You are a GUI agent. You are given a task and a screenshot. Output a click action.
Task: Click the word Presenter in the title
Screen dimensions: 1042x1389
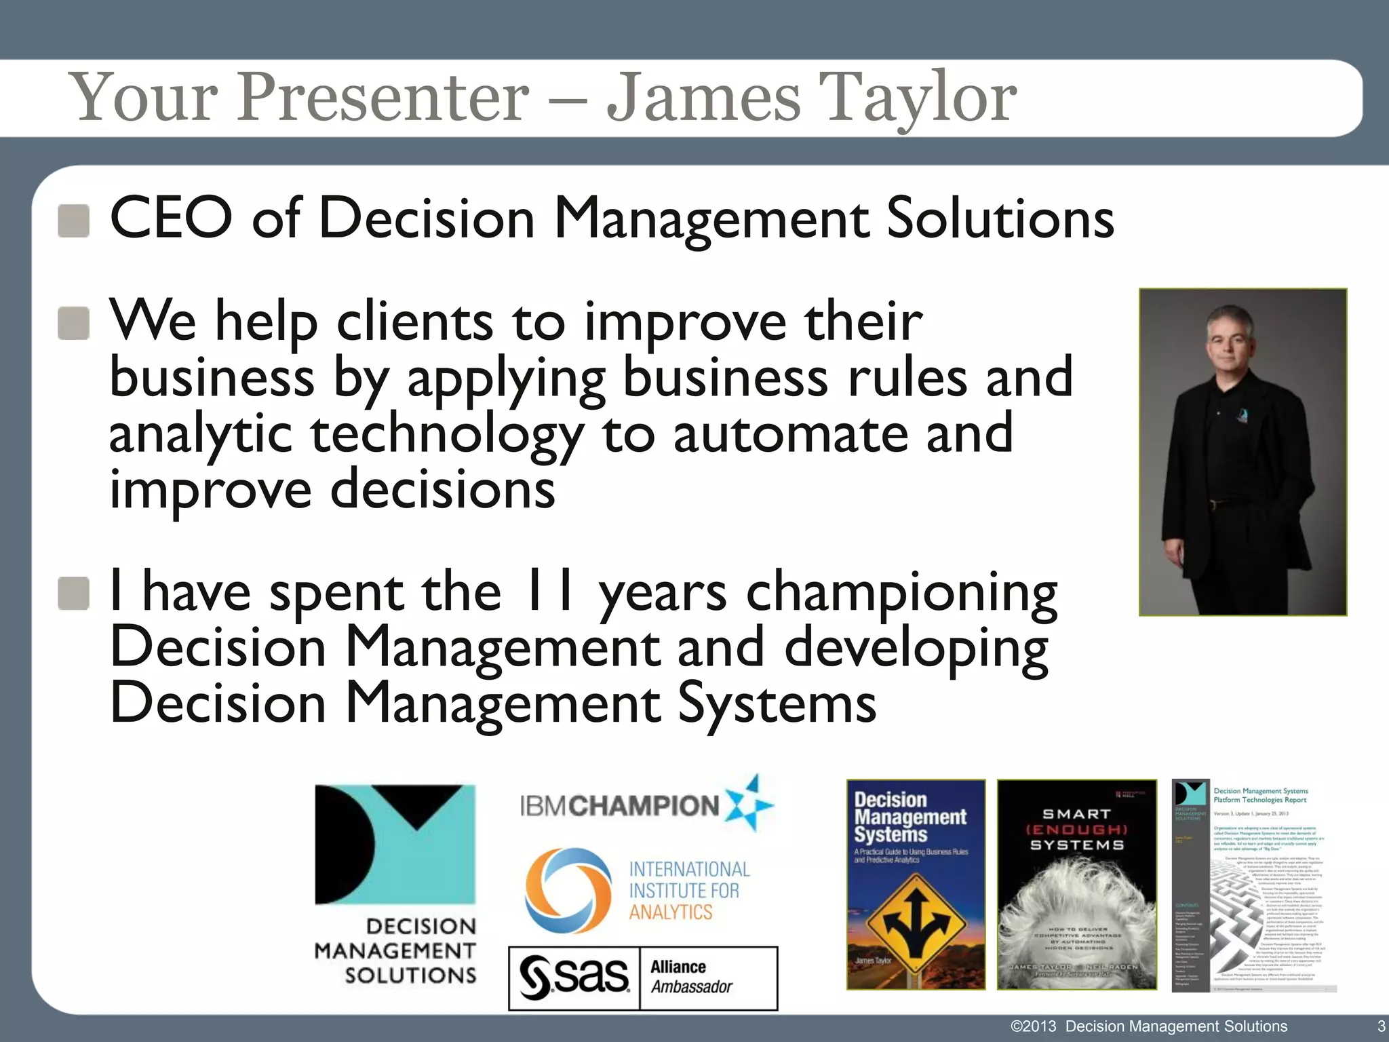click(383, 98)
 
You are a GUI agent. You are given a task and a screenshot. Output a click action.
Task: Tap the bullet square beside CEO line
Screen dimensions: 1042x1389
click(74, 221)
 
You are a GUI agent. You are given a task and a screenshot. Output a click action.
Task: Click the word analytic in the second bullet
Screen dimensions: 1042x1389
click(201, 436)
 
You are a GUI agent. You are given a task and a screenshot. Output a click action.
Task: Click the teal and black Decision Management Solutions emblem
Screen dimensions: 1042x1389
click(395, 844)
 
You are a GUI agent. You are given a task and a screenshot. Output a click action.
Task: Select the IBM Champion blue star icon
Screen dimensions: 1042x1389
click(749, 805)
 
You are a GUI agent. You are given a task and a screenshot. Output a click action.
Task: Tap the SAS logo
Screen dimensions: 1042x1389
click(574, 978)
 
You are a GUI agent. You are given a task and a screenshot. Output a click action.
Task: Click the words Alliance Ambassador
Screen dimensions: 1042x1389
click(692, 977)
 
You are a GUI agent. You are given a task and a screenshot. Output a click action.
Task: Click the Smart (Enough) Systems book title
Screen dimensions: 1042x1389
click(1076, 829)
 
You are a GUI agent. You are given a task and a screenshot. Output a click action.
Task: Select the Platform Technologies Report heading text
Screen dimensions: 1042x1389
click(1260, 795)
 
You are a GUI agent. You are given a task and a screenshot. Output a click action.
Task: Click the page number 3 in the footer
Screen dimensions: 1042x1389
click(1381, 1026)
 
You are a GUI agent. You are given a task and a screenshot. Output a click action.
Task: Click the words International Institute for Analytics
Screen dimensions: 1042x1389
click(688, 890)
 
